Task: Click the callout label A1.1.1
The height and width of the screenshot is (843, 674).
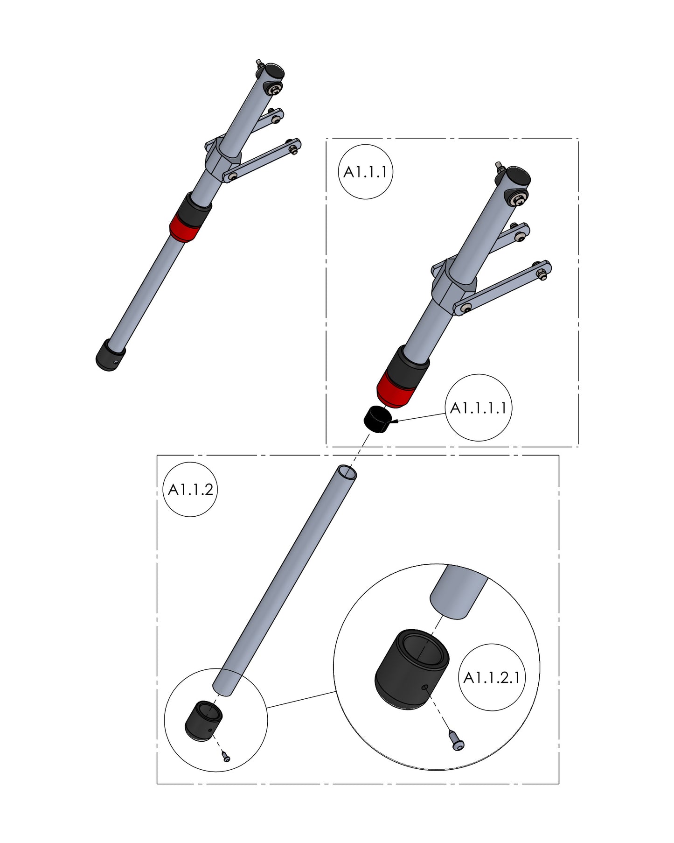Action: click(x=365, y=172)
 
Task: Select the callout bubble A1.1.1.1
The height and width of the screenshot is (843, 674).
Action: click(x=479, y=408)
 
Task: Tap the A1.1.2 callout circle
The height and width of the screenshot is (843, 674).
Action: click(x=191, y=490)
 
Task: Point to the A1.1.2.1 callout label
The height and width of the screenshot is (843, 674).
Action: click(x=491, y=678)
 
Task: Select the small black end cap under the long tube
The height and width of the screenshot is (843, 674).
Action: click(x=203, y=721)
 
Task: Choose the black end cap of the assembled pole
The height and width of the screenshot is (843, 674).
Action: click(x=111, y=355)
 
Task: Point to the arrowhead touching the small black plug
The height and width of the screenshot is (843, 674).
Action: click(x=393, y=422)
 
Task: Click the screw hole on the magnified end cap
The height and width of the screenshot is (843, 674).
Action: click(x=424, y=687)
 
